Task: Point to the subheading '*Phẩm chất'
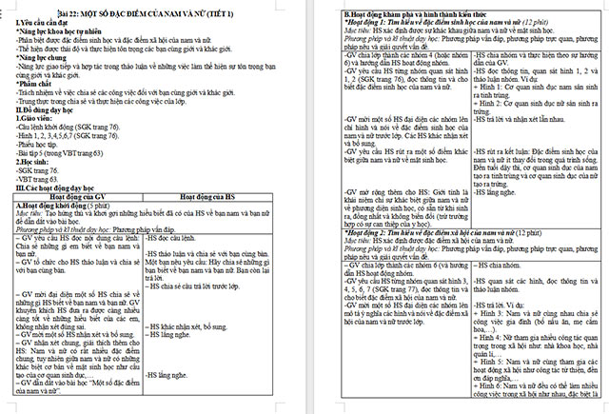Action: [x=36, y=85]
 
